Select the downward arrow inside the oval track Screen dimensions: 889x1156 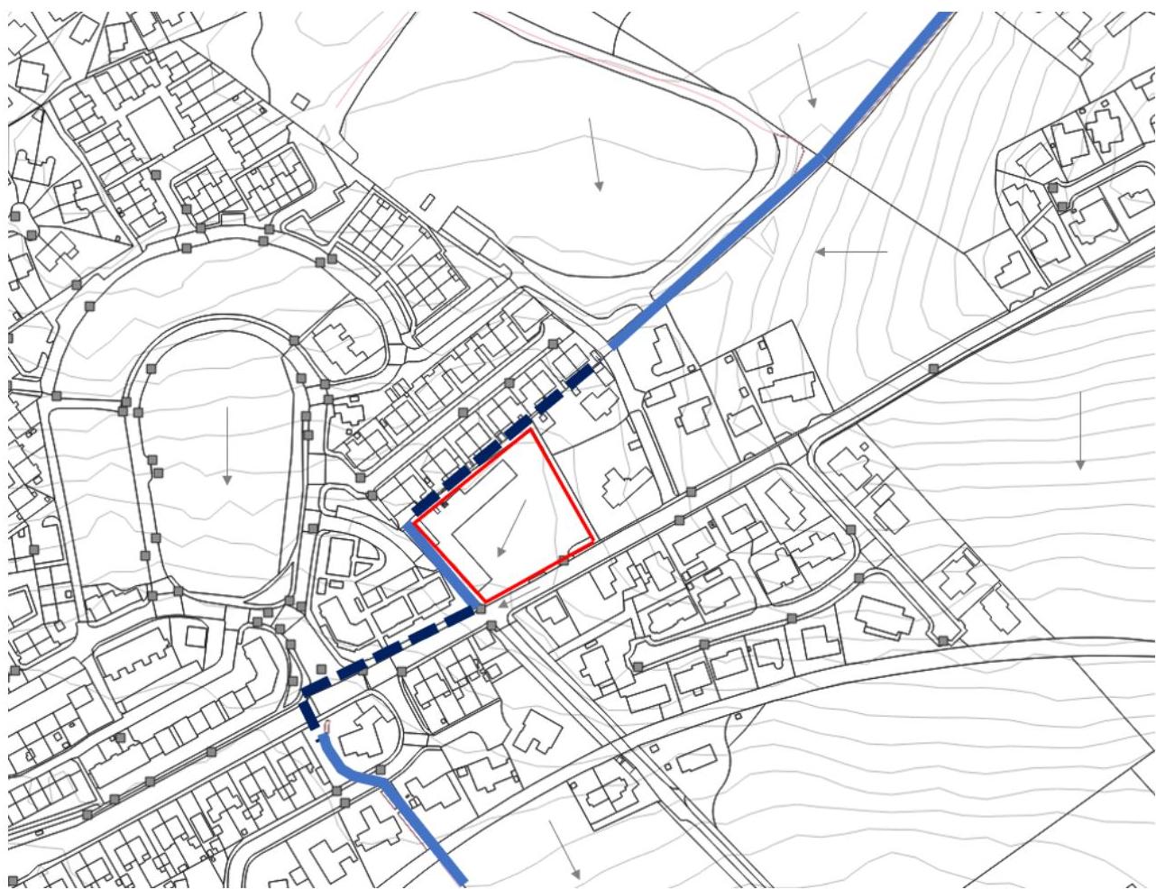tap(227, 444)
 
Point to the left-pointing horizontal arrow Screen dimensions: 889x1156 tap(851, 252)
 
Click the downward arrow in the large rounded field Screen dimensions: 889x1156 tap(595, 153)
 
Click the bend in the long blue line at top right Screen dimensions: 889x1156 tap(822, 158)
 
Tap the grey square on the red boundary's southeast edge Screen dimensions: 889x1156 tap(563, 560)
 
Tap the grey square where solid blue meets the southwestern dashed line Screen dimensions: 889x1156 tap(481, 610)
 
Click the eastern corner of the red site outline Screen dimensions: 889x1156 tap(592, 541)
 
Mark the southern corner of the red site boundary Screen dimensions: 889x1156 tap(485, 601)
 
